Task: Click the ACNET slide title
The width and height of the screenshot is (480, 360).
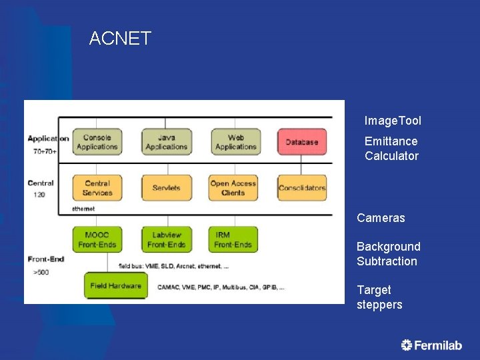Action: pos(120,39)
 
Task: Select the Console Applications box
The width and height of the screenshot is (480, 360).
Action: pos(97,142)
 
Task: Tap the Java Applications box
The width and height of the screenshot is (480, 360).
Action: pos(166,142)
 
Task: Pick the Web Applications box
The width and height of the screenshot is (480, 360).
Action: pos(235,142)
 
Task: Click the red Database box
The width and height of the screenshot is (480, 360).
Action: pos(302,142)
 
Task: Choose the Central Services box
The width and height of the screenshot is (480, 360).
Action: pos(97,188)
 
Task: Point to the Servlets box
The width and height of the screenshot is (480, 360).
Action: pos(166,188)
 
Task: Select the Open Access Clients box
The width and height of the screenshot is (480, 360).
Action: pos(233,188)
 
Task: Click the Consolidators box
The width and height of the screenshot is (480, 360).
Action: pos(302,188)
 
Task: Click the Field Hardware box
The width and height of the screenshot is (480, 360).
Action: pos(115,286)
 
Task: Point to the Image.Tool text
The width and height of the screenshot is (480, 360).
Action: pos(393,121)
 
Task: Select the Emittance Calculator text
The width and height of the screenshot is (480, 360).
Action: pos(391,149)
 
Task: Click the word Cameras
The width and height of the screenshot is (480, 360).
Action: pos(381,218)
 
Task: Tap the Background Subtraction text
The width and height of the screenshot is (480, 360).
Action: pos(388,254)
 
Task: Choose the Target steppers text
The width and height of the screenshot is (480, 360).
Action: pos(379,297)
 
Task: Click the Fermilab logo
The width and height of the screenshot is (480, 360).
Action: pos(431,345)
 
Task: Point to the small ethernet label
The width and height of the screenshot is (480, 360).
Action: pos(84,209)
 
